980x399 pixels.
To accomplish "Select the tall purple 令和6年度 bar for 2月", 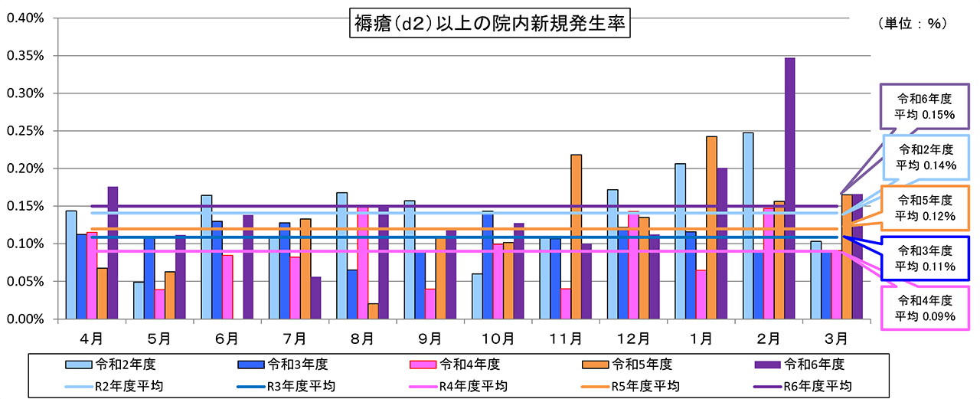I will [789, 188].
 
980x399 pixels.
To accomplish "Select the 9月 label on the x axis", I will [430, 337].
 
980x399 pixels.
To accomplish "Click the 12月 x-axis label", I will [633, 337].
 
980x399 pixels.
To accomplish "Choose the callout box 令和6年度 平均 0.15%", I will [925, 106].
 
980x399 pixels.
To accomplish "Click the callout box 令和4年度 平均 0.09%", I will [925, 307].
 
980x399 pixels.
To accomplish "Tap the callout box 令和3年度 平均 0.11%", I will [925, 258].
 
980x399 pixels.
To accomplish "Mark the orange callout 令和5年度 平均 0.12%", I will [925, 208].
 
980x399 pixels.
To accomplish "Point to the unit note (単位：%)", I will [913, 24].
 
